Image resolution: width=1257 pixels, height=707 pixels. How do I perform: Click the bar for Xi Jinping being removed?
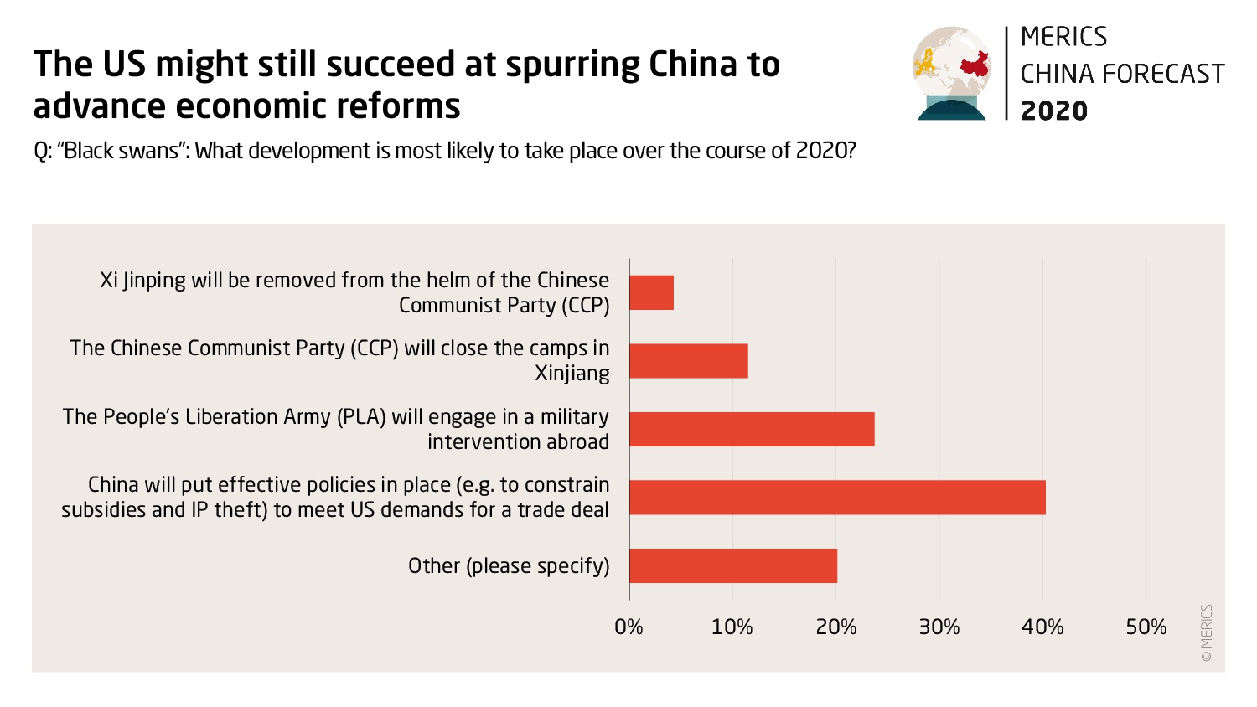pyautogui.click(x=651, y=292)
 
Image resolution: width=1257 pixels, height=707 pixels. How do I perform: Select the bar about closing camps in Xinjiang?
pyautogui.click(x=688, y=361)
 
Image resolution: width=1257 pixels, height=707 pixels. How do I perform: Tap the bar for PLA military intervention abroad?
pyautogui.click(x=752, y=429)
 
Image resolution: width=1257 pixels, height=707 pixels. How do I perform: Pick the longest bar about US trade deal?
pyautogui.click(x=837, y=498)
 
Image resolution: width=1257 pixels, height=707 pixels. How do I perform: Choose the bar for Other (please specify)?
pyautogui.click(x=733, y=565)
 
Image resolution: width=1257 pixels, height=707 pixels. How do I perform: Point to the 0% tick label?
pyautogui.click(x=628, y=627)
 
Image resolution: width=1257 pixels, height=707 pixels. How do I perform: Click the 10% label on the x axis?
pyautogui.click(x=732, y=627)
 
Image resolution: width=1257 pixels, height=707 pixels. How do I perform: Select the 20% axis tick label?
pyautogui.click(x=835, y=627)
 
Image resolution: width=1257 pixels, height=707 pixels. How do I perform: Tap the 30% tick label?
pyautogui.click(x=939, y=627)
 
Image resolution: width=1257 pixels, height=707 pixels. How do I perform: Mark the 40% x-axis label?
pyautogui.click(x=1042, y=627)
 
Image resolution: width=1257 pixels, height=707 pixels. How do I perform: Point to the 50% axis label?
pyautogui.click(x=1146, y=627)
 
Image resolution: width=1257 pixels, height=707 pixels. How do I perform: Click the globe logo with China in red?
pyautogui.click(x=952, y=73)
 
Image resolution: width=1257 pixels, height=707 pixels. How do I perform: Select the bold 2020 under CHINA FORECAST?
pyautogui.click(x=1054, y=111)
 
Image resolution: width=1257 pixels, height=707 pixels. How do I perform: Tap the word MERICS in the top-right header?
pyautogui.click(x=1063, y=37)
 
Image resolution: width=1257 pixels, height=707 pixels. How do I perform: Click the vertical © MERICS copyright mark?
pyautogui.click(x=1207, y=633)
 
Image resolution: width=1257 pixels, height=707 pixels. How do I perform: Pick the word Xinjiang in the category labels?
pyautogui.click(x=572, y=374)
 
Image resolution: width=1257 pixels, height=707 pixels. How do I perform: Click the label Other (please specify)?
pyautogui.click(x=509, y=566)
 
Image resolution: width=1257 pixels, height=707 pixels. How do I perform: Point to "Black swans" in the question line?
pyautogui.click(x=122, y=152)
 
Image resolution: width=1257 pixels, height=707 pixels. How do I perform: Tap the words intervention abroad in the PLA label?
pyautogui.click(x=518, y=441)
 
